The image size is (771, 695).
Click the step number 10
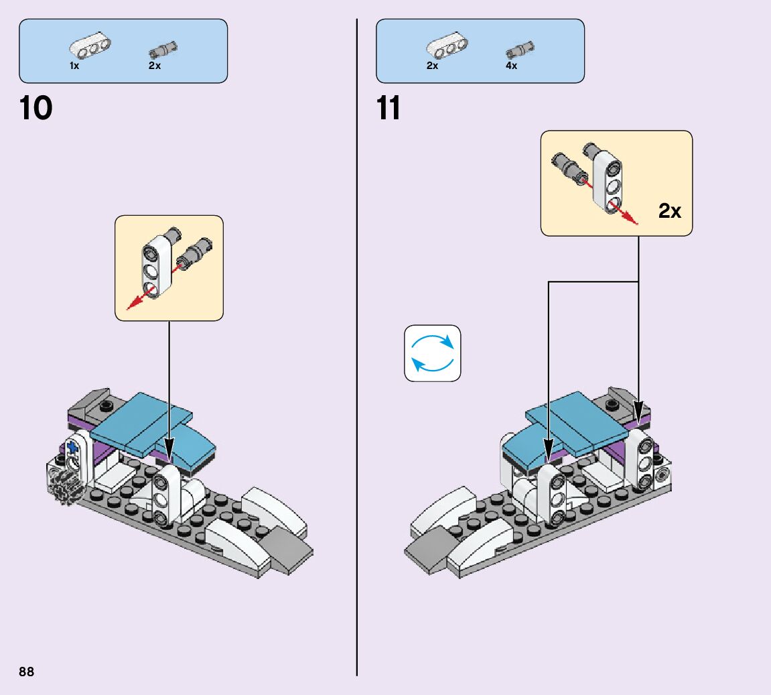click(x=36, y=109)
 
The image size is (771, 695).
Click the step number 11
click(x=389, y=109)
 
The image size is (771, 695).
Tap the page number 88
click(x=26, y=672)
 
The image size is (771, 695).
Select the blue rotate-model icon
click(x=433, y=353)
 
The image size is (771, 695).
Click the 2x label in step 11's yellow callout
click(x=669, y=212)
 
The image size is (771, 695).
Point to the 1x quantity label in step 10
click(x=74, y=66)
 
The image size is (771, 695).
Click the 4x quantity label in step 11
click(x=511, y=66)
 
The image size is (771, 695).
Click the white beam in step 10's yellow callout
click(x=154, y=266)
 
